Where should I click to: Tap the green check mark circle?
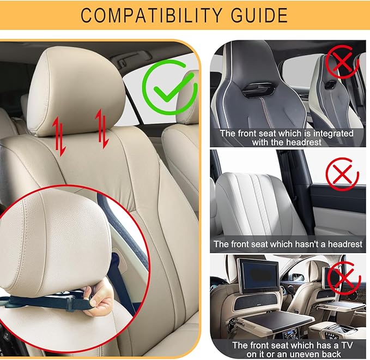tap(169, 87)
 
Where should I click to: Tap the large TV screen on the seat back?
tap(257, 276)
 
